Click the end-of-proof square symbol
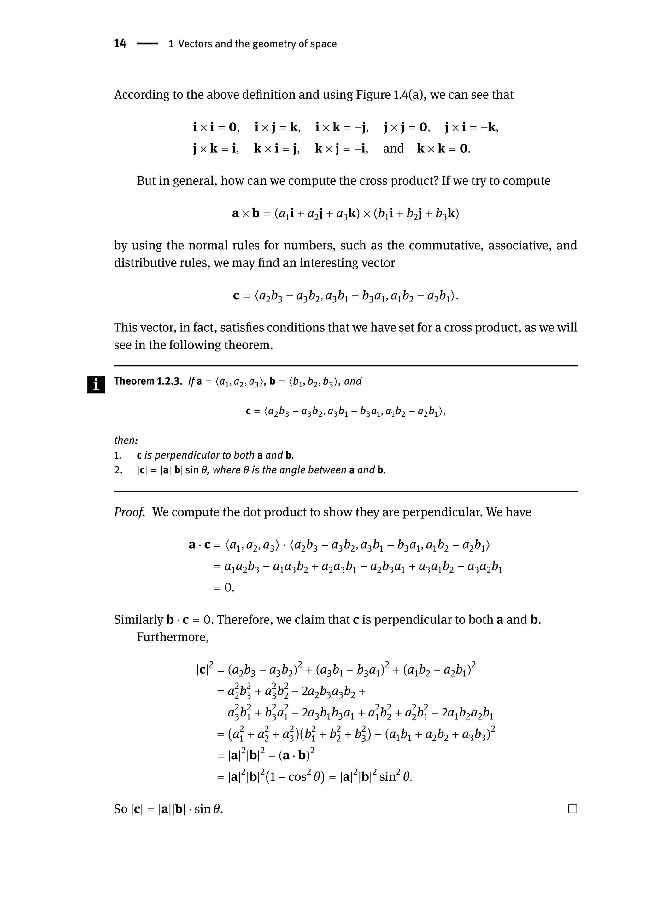click(x=573, y=809)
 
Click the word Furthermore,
click(x=173, y=637)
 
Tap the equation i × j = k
click(x=277, y=127)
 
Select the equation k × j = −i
click(x=341, y=149)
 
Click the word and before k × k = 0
click(x=393, y=149)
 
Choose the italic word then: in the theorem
click(x=126, y=440)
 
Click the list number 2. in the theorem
click(x=118, y=470)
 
